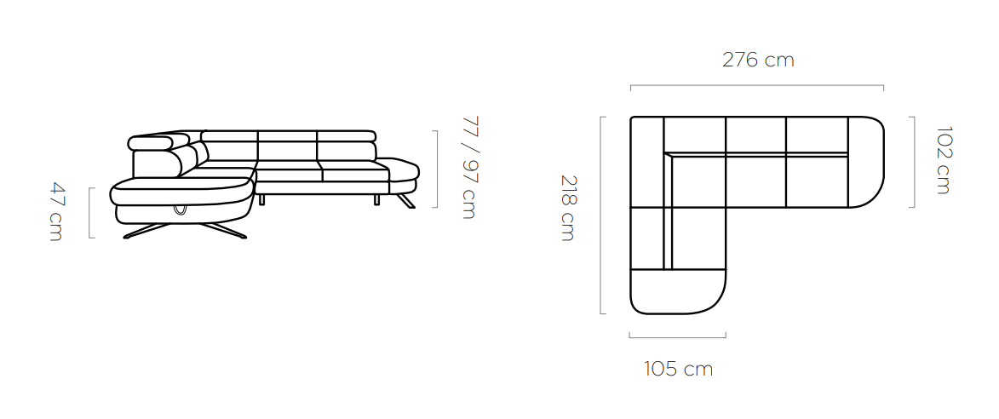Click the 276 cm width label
[758, 60]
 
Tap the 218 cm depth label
[568, 209]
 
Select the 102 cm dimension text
[944, 160]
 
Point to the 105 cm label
[678, 369]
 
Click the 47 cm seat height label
[57, 212]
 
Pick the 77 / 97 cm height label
[468, 168]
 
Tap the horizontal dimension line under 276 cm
[757, 85]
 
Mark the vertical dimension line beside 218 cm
[601, 215]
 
